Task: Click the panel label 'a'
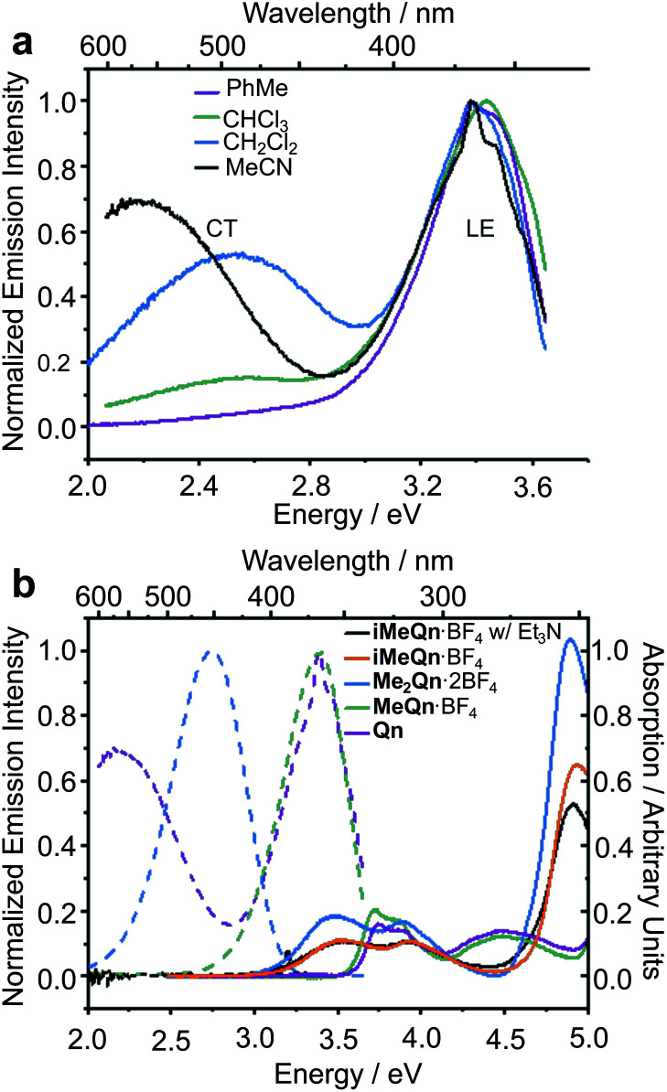pos(22,42)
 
